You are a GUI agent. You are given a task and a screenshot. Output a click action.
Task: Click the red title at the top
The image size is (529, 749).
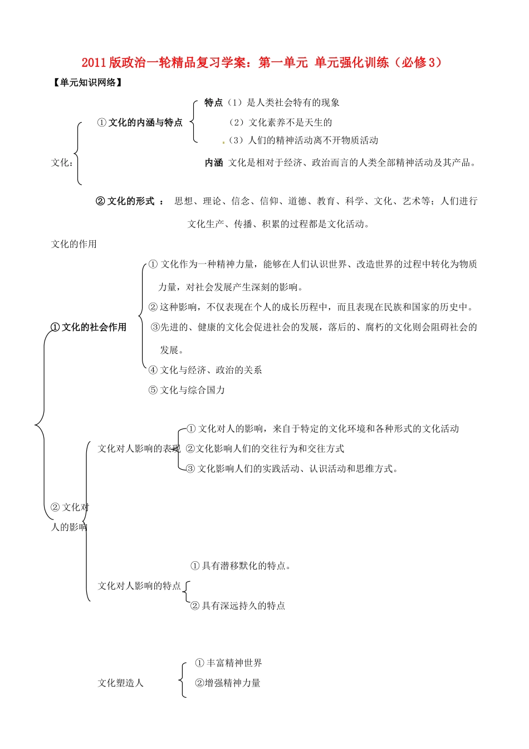click(263, 62)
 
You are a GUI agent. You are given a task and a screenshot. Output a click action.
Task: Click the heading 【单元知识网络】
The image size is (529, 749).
click(87, 83)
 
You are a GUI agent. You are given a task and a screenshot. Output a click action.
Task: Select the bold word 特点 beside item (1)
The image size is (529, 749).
click(213, 103)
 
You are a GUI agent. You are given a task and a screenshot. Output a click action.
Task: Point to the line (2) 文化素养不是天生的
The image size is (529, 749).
click(281, 123)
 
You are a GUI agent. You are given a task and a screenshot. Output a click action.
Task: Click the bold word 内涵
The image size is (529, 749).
click(214, 163)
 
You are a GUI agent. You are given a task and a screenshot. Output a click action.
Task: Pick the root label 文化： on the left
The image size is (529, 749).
click(62, 163)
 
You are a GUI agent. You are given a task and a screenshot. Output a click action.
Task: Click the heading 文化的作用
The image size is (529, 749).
click(74, 244)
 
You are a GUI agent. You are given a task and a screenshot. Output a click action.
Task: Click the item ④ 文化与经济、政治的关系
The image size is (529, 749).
click(205, 370)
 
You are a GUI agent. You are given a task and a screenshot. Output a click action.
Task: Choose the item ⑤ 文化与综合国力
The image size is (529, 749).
click(187, 390)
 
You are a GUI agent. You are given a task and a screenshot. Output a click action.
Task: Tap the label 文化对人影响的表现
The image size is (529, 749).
click(139, 449)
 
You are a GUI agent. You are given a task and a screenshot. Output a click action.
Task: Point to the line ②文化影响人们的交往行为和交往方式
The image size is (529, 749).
click(265, 449)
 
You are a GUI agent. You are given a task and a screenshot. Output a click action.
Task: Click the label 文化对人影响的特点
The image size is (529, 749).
click(139, 586)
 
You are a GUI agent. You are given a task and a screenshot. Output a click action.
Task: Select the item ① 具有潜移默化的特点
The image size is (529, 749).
click(241, 566)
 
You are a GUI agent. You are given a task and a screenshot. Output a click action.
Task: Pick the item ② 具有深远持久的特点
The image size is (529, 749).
click(238, 606)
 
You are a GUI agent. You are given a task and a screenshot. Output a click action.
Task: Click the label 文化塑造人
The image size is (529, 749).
click(120, 683)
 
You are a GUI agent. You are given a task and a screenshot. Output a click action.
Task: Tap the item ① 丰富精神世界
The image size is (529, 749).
click(228, 663)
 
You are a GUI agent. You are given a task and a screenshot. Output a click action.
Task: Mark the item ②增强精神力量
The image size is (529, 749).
click(228, 683)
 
